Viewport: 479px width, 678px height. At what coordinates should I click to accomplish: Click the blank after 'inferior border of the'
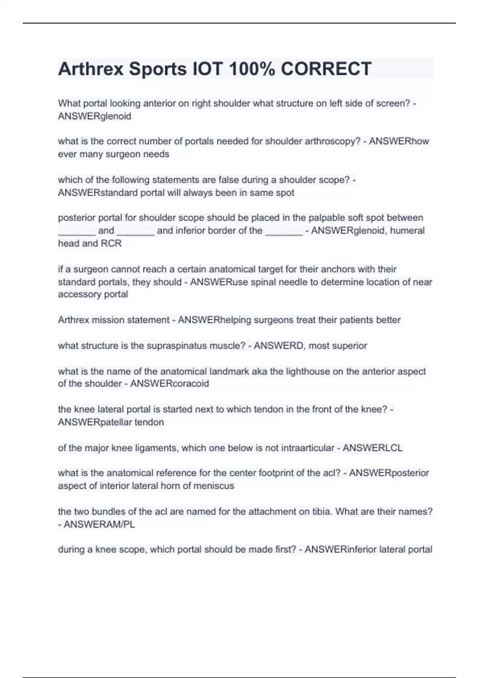coord(284,231)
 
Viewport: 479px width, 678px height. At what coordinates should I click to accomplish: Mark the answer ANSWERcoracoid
coord(170,384)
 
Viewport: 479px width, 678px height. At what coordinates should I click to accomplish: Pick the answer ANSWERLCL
coord(372,448)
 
